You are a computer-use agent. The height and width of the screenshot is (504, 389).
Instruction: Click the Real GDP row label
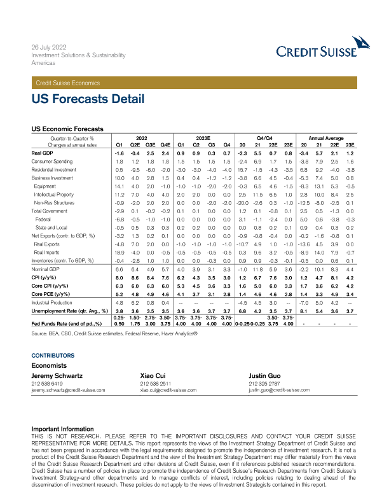42,153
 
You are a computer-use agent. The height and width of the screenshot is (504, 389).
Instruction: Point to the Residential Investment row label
54,171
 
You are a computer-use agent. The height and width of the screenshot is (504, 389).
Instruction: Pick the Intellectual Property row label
55,193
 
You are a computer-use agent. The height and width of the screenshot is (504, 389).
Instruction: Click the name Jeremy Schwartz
59,377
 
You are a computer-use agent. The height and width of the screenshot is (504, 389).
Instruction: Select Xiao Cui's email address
168,390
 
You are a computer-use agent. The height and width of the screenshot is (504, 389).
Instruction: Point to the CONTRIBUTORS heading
53,355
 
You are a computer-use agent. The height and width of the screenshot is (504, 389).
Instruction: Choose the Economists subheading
50,366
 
